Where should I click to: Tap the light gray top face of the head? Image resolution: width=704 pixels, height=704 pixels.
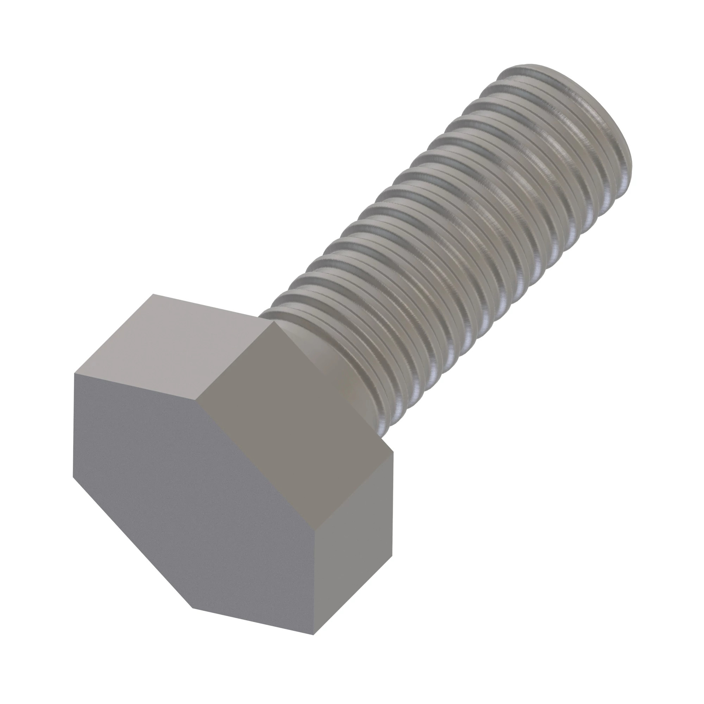click(x=171, y=350)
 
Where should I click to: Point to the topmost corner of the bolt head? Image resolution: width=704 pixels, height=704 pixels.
click(x=153, y=294)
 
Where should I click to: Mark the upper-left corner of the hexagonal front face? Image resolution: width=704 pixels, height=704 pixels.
click(x=74, y=373)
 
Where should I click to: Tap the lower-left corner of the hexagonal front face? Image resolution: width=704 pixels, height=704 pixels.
click(x=73, y=477)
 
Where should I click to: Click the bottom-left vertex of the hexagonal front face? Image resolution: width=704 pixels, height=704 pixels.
click(x=193, y=608)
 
